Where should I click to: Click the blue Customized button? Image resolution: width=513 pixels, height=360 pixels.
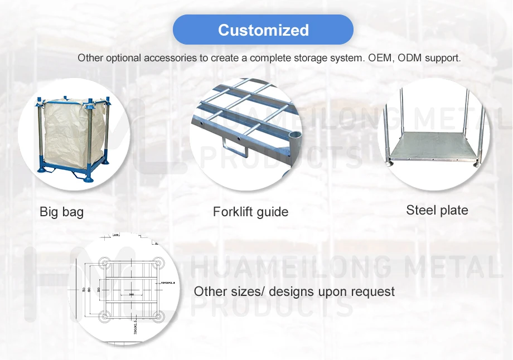pyautogui.click(x=263, y=30)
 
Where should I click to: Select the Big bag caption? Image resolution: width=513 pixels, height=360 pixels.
pyautogui.click(x=61, y=212)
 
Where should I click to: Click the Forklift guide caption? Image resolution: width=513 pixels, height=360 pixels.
pyautogui.click(x=250, y=212)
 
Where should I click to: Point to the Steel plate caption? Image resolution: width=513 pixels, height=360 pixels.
pyautogui.click(x=437, y=210)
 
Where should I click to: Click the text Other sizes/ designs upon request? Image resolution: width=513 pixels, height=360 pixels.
pyautogui.click(x=294, y=291)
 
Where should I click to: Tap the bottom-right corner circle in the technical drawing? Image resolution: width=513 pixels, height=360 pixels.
pyautogui.click(x=157, y=318)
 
